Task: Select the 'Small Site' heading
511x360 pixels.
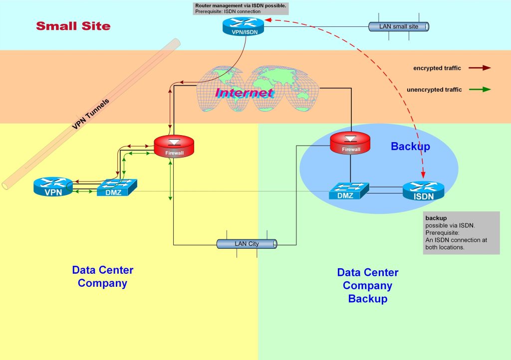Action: (x=73, y=26)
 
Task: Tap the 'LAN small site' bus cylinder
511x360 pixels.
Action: (x=399, y=26)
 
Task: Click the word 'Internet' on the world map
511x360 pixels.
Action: (x=244, y=93)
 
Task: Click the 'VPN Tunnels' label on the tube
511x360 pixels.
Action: (x=91, y=114)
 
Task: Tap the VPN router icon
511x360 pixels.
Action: (x=53, y=187)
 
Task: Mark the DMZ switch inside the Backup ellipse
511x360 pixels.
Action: (x=348, y=191)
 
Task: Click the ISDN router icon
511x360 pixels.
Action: (x=423, y=191)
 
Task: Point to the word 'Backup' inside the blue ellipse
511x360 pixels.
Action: (x=410, y=147)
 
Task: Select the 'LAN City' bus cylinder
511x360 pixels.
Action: (x=247, y=244)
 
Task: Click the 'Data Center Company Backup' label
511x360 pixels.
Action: (x=368, y=286)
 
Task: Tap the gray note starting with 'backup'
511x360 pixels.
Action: (x=461, y=233)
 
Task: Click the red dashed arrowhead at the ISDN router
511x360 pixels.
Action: (x=424, y=174)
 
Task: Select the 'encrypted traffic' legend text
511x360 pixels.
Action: (x=437, y=68)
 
